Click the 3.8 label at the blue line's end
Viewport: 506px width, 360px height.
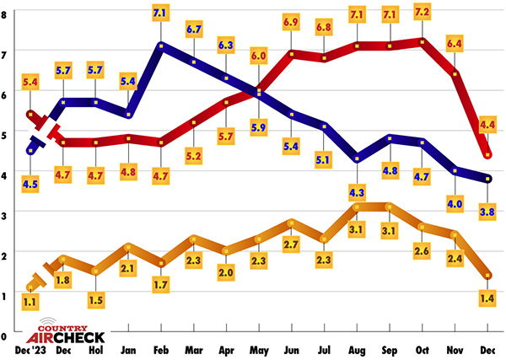[486, 212]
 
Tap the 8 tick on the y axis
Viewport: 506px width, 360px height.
[6, 14]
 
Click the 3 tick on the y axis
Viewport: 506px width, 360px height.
[6, 214]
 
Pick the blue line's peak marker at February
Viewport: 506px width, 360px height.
[160, 45]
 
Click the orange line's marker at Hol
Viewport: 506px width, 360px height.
[96, 271]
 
